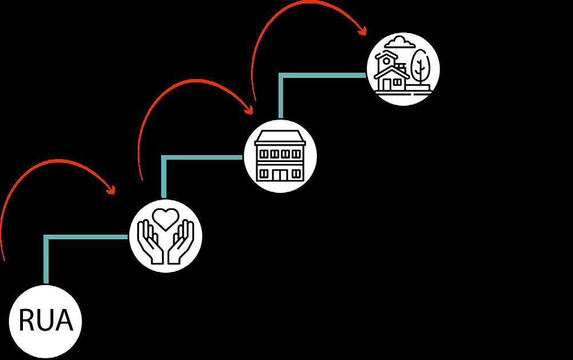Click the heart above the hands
point(165,219)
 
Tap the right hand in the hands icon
point(180,244)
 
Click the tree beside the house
point(421,66)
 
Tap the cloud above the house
point(399,42)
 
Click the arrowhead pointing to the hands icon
point(112,191)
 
